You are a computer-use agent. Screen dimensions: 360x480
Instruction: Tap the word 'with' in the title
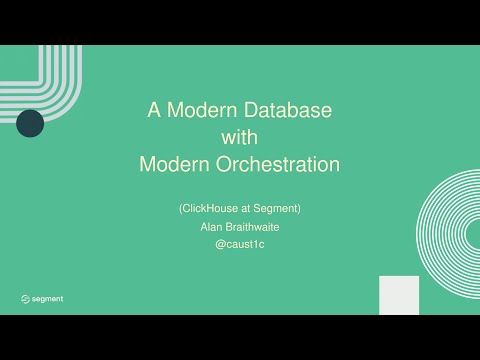[x=240, y=138]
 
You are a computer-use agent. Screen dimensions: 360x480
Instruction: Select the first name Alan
[x=210, y=227]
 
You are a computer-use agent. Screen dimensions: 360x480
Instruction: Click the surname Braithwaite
[x=253, y=227]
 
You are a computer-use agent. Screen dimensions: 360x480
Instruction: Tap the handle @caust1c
[x=240, y=245]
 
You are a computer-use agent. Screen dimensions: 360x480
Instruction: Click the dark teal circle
[x=30, y=124]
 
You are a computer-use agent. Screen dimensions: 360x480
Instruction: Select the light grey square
[x=399, y=295]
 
